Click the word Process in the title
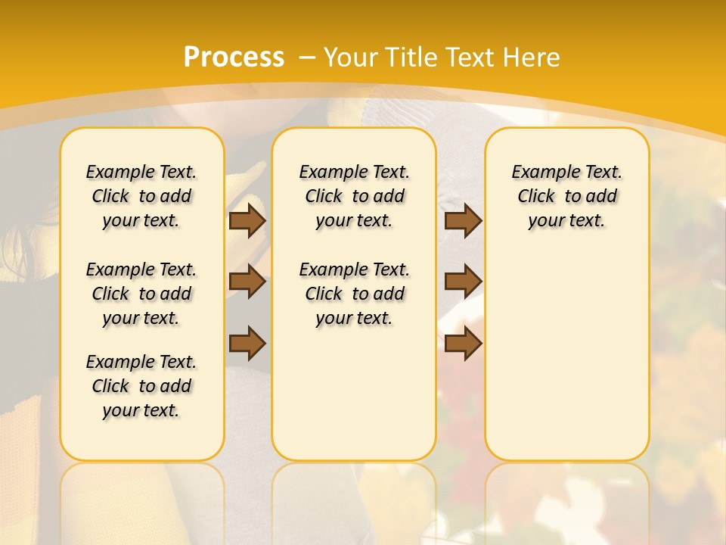(x=234, y=58)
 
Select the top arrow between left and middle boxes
(x=247, y=220)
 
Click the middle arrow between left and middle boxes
(x=247, y=282)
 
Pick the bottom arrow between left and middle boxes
(x=247, y=343)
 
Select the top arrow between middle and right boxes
(x=463, y=220)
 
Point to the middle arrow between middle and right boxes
(x=463, y=282)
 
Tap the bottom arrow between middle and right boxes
(x=463, y=343)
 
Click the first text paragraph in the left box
(x=141, y=196)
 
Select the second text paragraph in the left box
(x=141, y=294)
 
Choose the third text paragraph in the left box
(x=141, y=386)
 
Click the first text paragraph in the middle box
(x=354, y=196)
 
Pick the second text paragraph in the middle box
(x=354, y=294)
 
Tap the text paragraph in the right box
(x=566, y=196)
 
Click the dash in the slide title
(x=307, y=58)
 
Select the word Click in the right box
(x=536, y=197)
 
